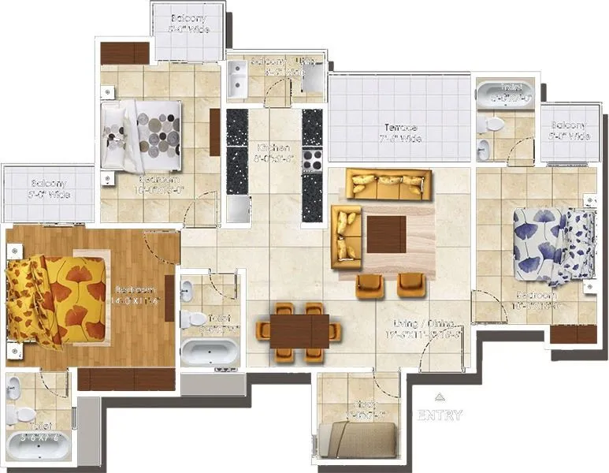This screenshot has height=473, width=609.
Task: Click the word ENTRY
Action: (440, 415)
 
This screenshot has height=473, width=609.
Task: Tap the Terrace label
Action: (401, 128)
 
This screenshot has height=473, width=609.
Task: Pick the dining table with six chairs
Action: (299, 332)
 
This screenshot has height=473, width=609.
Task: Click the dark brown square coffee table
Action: (387, 234)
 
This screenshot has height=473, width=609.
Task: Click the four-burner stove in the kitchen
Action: (312, 161)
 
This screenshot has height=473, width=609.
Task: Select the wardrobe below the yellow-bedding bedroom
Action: (126, 379)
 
